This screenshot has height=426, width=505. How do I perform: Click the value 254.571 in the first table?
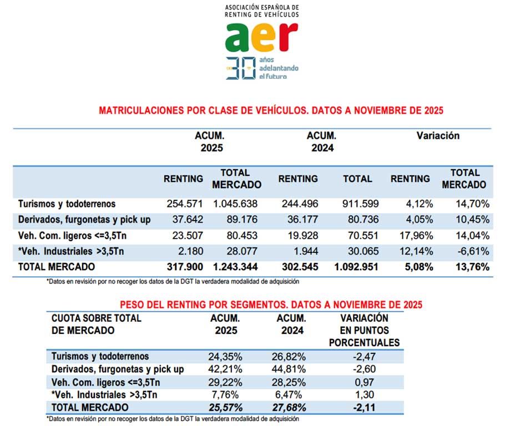185,204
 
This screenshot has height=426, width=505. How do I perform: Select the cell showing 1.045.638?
237,204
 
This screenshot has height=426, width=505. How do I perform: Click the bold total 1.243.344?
236,267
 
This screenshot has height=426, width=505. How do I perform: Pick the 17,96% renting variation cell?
412,235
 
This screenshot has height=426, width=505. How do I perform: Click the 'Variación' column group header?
438,135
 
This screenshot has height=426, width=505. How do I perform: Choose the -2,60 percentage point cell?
363,368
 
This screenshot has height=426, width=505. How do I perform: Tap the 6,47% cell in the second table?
291,394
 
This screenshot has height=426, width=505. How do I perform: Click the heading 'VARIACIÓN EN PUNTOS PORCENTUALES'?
363,330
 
